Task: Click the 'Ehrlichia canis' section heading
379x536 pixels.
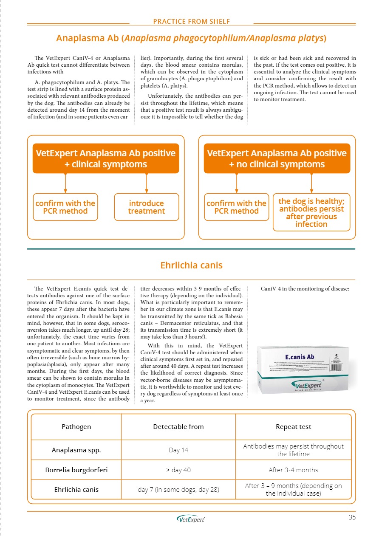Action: (x=191, y=265)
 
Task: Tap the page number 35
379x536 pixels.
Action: (x=352, y=517)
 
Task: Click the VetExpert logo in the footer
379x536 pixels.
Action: (x=191, y=519)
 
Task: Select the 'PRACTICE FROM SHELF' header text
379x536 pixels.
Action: (x=191, y=21)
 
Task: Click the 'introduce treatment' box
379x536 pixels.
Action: (x=147, y=207)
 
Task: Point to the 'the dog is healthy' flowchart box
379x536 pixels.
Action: (x=311, y=212)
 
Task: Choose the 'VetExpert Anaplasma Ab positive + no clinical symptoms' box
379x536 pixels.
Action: (x=277, y=158)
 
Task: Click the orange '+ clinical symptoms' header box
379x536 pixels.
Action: (x=106, y=158)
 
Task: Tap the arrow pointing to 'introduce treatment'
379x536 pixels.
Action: (x=147, y=183)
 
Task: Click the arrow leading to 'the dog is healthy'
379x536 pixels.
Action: (x=311, y=183)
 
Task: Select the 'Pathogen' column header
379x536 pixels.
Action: (x=76, y=427)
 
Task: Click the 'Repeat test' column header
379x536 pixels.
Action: (x=293, y=427)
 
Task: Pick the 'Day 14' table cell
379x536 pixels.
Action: (x=178, y=450)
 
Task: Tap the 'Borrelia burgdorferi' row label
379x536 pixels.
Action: (x=76, y=470)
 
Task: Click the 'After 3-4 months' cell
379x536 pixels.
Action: (x=293, y=470)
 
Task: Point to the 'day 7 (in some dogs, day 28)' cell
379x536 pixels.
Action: (x=178, y=490)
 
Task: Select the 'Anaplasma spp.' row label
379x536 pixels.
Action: (x=76, y=450)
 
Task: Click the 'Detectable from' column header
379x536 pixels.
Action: (x=178, y=427)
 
